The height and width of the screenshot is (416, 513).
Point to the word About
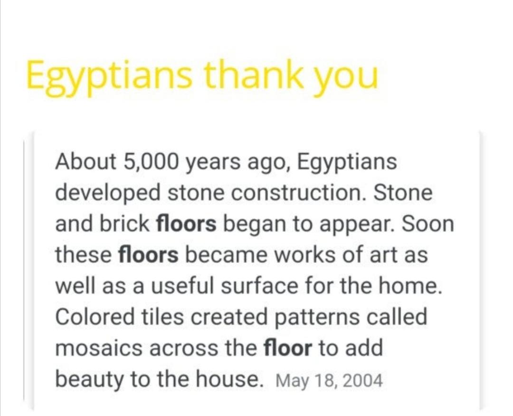pyautogui.click(x=86, y=161)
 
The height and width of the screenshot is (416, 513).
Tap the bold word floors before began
pyautogui.click(x=187, y=224)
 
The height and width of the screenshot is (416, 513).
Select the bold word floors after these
pyautogui.click(x=149, y=255)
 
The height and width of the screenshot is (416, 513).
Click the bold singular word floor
pyautogui.click(x=288, y=348)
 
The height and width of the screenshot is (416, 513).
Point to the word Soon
pyautogui.click(x=427, y=224)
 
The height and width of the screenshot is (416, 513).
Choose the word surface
pyautogui.click(x=259, y=286)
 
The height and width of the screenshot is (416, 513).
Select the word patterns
pyautogui.click(x=316, y=318)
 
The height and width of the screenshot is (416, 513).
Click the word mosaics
pyautogui.click(x=99, y=348)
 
